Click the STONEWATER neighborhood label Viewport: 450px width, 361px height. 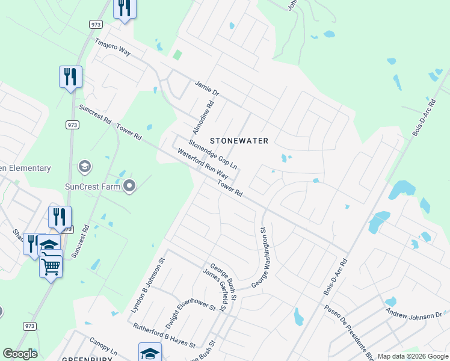click(239, 140)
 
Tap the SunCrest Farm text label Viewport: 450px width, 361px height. click(93, 186)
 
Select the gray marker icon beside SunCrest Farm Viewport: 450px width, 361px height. click(129, 186)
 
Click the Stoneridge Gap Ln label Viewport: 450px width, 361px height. click(213, 154)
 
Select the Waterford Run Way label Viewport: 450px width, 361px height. click(203, 164)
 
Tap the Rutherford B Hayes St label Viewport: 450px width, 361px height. click(164, 336)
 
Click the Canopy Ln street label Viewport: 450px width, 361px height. click(103, 345)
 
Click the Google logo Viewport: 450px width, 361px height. click(20, 354)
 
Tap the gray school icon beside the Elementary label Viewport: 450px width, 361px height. click(85, 165)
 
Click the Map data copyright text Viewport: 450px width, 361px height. click(412, 356)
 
